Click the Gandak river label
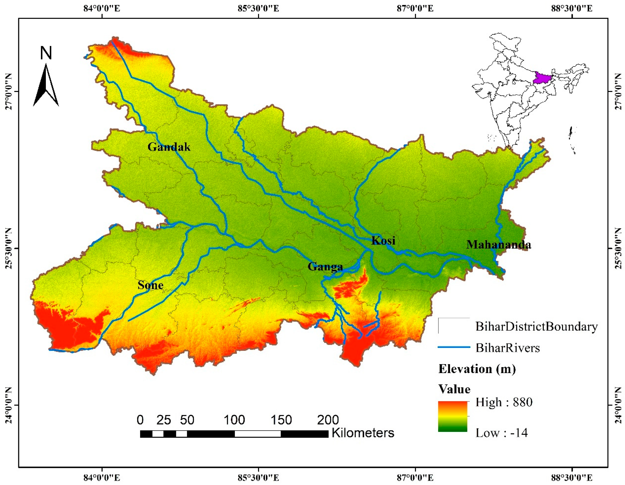[169, 147]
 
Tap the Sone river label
[150, 285]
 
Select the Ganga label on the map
[325, 267]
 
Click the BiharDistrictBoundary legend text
[537, 326]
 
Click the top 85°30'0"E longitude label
[258, 8]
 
